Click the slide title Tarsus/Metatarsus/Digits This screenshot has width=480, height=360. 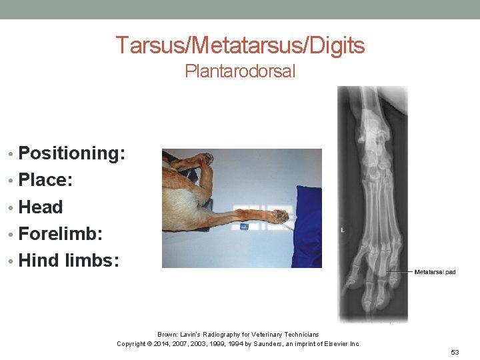click(x=240, y=45)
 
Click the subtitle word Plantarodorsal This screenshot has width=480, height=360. click(x=240, y=71)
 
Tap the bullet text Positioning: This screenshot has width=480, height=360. click(x=72, y=153)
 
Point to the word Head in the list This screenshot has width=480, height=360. click(x=41, y=207)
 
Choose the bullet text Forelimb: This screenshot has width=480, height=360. click(x=61, y=234)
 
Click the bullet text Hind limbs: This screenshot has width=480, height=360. click(x=69, y=261)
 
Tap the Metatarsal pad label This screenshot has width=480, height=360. click(x=435, y=272)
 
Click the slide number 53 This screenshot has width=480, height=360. click(x=455, y=352)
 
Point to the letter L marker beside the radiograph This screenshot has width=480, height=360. click(x=342, y=230)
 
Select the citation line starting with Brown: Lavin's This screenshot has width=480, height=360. click(x=238, y=334)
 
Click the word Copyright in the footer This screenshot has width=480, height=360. click(x=132, y=343)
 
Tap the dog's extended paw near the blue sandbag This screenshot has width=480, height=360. click(x=279, y=215)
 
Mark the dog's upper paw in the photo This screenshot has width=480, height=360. click(x=205, y=159)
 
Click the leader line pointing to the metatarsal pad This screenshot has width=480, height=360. click(x=399, y=272)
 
